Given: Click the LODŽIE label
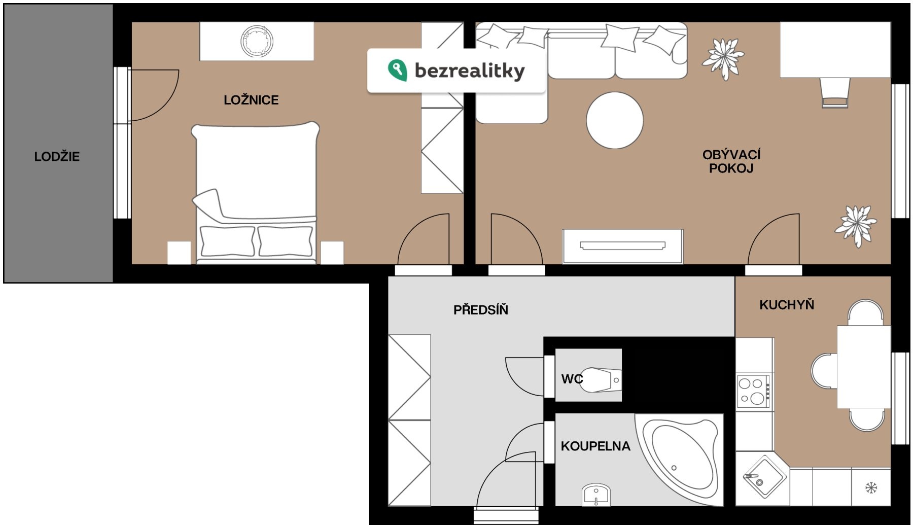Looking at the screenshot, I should click(x=57, y=156).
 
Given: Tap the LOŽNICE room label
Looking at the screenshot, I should click(x=251, y=100).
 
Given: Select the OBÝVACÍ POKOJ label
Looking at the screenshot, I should click(x=731, y=161).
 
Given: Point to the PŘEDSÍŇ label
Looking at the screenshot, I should click(x=480, y=309).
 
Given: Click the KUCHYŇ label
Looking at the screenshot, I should click(x=786, y=304).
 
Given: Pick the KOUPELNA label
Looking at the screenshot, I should click(x=595, y=446).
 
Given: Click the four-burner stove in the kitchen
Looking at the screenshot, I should click(x=753, y=391).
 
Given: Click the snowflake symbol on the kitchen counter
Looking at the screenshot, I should click(x=871, y=488).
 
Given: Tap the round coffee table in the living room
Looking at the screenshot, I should click(x=615, y=120).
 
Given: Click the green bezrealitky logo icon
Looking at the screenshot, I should click(x=397, y=70).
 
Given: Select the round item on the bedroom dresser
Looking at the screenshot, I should click(x=257, y=41).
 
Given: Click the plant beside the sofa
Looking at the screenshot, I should click(x=723, y=58).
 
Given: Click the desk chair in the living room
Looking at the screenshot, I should click(x=835, y=93).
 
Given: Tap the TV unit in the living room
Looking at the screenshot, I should click(x=622, y=246).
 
